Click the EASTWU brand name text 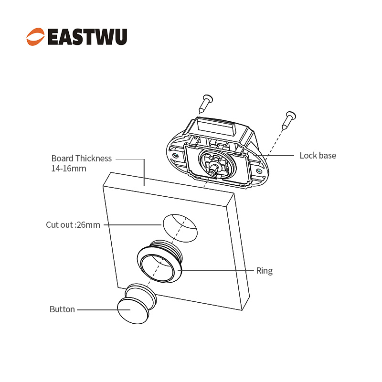pos(87,37)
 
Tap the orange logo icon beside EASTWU pos(36,37)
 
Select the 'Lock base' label pos(318,155)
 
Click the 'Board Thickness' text pos(81,158)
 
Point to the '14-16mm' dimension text pos(69,169)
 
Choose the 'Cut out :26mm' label pos(73,224)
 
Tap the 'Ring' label pos(264,271)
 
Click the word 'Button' pos(62,309)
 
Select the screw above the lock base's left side pos(206,102)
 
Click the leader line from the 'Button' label pos(98,309)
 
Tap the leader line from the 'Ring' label pos(220,271)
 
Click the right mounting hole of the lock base pos(259,170)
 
